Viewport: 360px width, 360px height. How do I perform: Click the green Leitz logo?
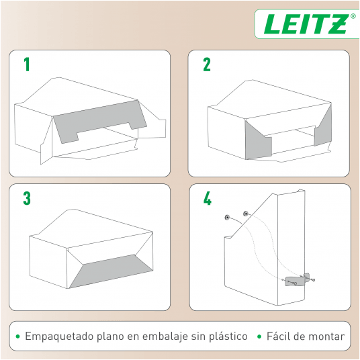coord(306,24)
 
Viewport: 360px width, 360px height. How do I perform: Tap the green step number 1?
coord(27,64)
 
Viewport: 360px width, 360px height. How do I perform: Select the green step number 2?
coord(207,64)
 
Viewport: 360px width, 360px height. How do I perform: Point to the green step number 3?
coord(27,198)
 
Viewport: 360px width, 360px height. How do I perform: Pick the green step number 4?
coord(208,198)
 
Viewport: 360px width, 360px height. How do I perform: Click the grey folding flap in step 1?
coord(100,120)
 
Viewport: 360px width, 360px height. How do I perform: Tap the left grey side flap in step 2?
coord(258,142)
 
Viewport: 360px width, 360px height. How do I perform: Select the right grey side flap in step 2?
coord(323,128)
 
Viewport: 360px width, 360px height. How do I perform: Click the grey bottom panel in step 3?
coord(111,271)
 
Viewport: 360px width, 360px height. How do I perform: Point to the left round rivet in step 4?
coord(227,217)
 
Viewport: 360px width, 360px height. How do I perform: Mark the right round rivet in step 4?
coord(246,214)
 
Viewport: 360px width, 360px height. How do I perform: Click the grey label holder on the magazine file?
coord(295,281)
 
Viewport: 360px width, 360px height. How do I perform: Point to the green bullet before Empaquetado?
coord(17,336)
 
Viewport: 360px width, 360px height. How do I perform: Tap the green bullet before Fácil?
coord(259,336)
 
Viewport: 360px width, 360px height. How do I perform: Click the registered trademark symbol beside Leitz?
coord(353,16)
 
